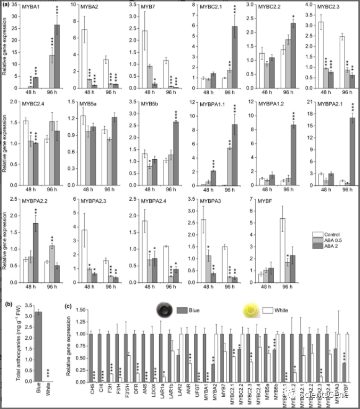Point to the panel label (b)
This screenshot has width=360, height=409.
pyautogui.click(x=9, y=305)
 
